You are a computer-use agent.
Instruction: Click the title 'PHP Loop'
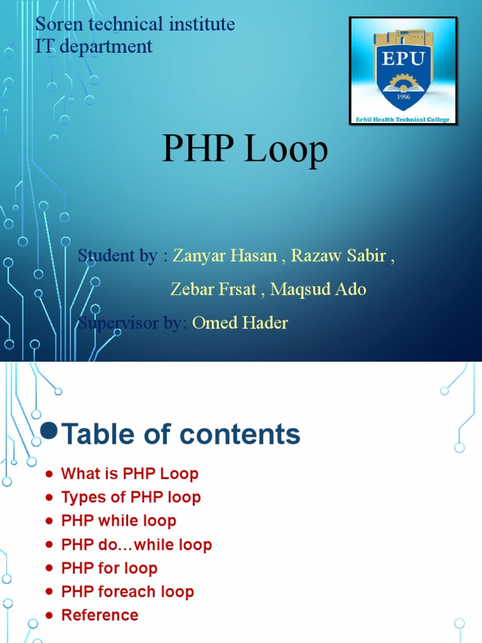pyautogui.click(x=245, y=150)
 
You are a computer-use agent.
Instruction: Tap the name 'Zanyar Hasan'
pyautogui.click(x=225, y=256)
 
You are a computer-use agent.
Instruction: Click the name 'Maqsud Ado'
pyautogui.click(x=318, y=289)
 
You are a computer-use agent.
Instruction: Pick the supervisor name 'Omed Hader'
pyautogui.click(x=240, y=323)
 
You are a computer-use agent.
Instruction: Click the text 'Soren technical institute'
pyautogui.click(x=135, y=24)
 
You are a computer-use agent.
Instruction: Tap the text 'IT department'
pyautogui.click(x=94, y=46)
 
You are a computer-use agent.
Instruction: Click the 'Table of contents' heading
pyautogui.click(x=181, y=434)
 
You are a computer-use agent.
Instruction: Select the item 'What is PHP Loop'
pyautogui.click(x=129, y=473)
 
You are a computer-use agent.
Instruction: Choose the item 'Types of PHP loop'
pyautogui.click(x=131, y=497)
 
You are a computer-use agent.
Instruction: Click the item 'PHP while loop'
pyautogui.click(x=119, y=521)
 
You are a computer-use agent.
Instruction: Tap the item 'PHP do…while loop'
pyautogui.click(x=136, y=544)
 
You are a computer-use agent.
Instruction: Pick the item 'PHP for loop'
pyautogui.click(x=109, y=568)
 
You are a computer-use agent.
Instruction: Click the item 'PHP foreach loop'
pyautogui.click(x=127, y=592)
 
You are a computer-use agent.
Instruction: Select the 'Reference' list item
pyautogui.click(x=100, y=615)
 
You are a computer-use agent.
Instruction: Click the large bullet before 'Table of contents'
pyautogui.click(x=49, y=430)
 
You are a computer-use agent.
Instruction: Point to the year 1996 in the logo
pyautogui.click(x=403, y=97)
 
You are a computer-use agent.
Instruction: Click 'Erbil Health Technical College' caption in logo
pyautogui.click(x=403, y=119)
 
